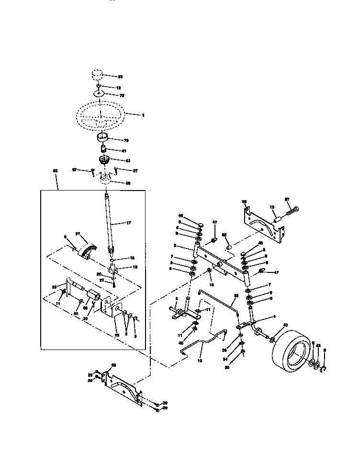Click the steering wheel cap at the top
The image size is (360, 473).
(98, 76)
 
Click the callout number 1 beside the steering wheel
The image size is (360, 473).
(142, 115)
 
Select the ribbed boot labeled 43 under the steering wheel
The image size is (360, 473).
(104, 160)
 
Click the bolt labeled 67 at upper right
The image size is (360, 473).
(293, 209)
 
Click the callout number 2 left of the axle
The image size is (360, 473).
(176, 246)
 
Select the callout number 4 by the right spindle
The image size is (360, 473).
(274, 316)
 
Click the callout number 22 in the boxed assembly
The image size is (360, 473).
(108, 280)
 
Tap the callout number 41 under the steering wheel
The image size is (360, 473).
(124, 151)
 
